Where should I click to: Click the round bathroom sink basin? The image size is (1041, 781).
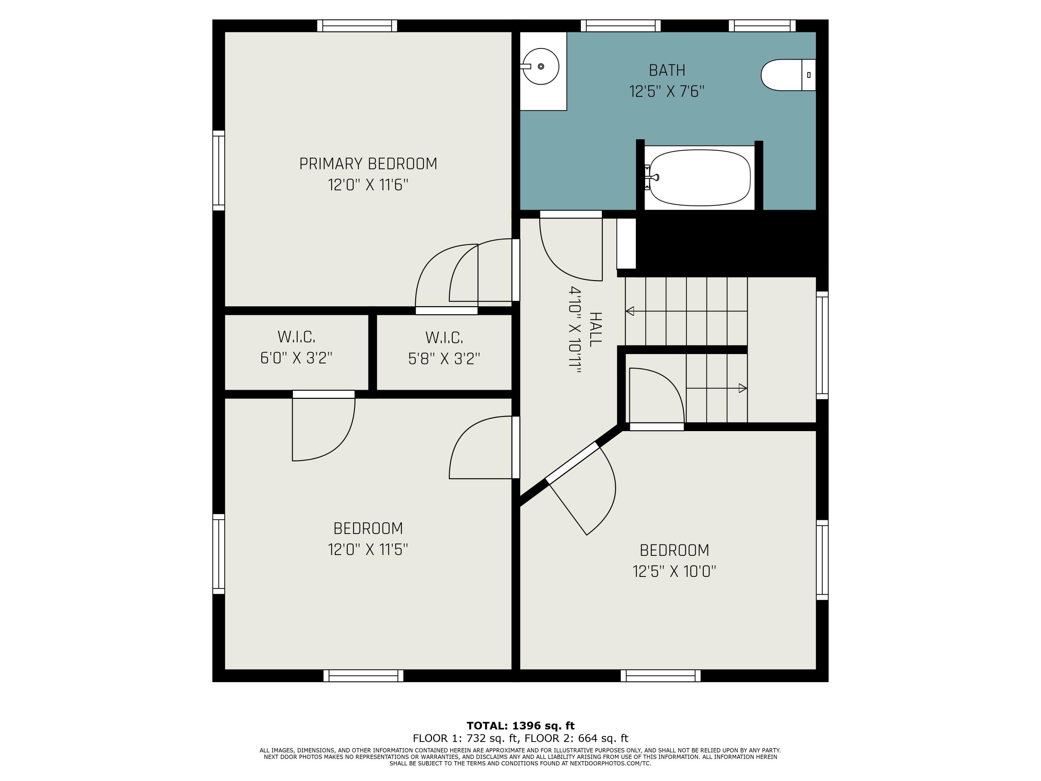541,66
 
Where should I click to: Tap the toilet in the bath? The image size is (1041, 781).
788,75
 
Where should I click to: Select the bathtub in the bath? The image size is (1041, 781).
699,177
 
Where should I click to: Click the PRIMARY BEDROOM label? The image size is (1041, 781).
368,164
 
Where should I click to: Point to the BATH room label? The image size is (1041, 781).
667,70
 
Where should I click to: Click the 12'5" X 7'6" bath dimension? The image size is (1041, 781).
667,91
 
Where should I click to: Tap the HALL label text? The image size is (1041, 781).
595,329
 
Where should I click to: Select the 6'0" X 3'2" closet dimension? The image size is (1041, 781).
296,358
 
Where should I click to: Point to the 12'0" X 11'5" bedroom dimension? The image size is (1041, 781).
368,549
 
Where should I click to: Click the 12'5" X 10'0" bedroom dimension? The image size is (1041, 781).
674,571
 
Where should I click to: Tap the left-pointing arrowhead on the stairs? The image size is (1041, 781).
630,311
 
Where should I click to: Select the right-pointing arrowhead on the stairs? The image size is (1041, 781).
743,388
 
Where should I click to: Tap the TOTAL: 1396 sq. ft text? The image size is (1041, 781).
520,725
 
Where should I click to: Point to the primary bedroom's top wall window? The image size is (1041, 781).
357,26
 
